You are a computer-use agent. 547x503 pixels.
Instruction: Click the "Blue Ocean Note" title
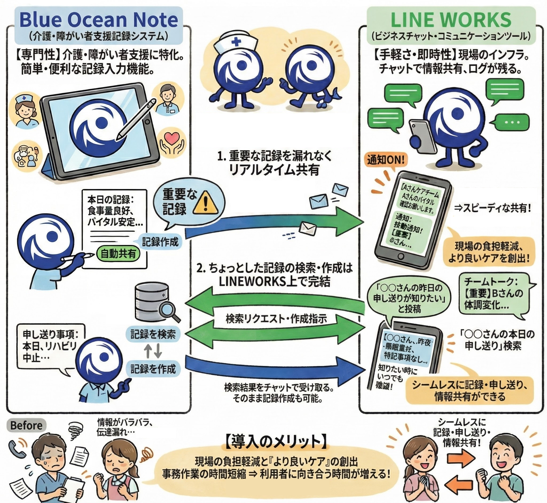(99, 20)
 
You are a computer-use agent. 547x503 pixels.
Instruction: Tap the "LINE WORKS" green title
(451, 20)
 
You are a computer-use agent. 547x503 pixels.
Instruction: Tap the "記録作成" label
(160, 242)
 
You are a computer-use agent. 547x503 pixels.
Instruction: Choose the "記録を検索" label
(153, 335)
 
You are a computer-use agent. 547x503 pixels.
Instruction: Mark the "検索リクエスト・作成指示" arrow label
(276, 319)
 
